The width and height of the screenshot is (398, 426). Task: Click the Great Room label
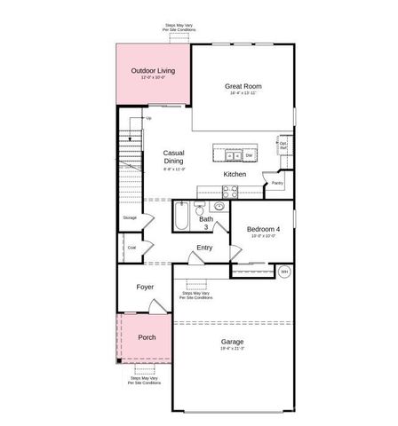[x=244, y=86]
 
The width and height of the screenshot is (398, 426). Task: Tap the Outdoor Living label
[x=153, y=70]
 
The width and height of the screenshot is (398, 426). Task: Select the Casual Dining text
[x=173, y=157]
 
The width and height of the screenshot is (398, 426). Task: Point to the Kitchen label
[x=235, y=174]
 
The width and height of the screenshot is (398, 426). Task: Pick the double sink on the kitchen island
[x=226, y=154]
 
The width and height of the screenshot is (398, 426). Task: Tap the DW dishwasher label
[x=250, y=155]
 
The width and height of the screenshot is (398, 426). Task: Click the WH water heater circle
[x=285, y=271]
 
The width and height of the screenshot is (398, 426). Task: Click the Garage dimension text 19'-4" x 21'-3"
[x=233, y=350]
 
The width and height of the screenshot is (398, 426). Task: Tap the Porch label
[x=147, y=337]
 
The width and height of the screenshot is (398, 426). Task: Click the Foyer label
[x=145, y=287]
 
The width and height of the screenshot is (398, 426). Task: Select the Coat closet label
[x=131, y=248]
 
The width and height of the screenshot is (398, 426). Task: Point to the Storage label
[x=130, y=217]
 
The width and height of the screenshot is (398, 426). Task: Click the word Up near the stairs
[x=148, y=118]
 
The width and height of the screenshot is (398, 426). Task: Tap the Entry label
[x=204, y=248]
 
